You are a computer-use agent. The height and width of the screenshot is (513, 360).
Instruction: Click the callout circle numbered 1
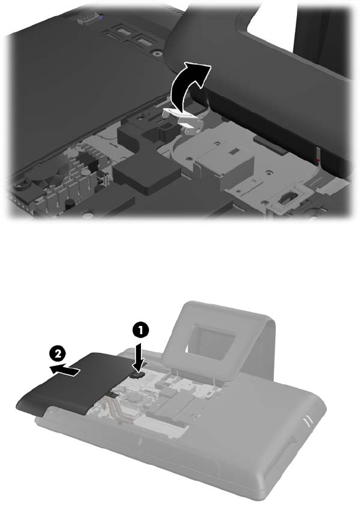tap(140, 330)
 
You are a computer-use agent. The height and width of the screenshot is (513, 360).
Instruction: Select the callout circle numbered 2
tap(57, 353)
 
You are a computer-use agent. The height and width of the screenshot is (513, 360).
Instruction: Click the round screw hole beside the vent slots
tap(157, 53)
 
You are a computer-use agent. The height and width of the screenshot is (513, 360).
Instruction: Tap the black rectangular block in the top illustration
tap(147, 172)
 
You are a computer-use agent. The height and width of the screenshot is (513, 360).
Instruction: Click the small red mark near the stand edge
tap(318, 160)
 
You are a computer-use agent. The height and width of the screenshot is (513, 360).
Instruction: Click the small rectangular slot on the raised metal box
tap(233, 152)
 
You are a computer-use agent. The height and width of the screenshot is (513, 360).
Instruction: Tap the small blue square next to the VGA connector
tap(100, 17)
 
